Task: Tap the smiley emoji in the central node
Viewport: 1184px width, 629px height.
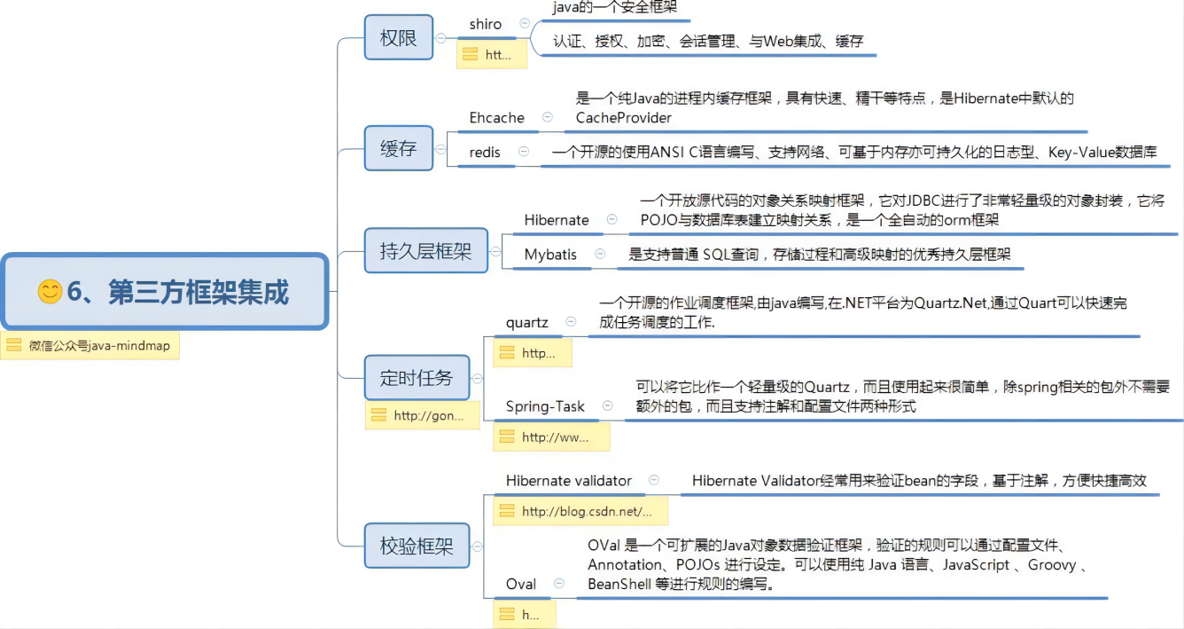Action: [50, 291]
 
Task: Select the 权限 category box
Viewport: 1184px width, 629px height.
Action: [399, 38]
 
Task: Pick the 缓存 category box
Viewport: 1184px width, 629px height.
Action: [399, 148]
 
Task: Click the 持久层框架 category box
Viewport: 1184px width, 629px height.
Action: [425, 250]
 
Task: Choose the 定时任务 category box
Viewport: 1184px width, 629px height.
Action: [417, 378]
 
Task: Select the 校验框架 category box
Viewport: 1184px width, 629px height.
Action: [417, 546]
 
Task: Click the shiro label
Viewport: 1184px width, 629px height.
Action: [486, 25]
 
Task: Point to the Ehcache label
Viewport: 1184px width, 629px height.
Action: [497, 118]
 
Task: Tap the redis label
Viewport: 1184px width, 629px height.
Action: [485, 153]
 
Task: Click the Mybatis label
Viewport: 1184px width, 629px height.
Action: [550, 255]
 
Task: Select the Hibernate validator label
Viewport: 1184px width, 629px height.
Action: [569, 481]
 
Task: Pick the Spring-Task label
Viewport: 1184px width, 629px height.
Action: [545, 406]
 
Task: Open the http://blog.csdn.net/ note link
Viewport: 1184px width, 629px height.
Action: [580, 511]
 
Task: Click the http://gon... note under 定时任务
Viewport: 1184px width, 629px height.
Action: [422, 415]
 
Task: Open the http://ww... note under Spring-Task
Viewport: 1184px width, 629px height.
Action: [550, 436]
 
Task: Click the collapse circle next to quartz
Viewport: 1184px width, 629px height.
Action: [571, 322]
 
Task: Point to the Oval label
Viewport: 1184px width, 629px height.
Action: [521, 584]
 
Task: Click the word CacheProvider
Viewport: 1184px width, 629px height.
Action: [624, 118]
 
